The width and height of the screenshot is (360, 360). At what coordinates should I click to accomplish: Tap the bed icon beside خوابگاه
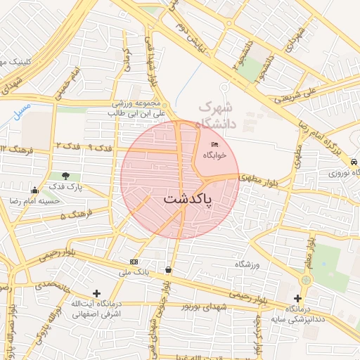[214, 145]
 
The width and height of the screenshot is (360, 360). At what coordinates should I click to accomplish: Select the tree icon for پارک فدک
[65, 176]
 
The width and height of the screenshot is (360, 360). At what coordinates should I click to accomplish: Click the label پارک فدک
[65, 187]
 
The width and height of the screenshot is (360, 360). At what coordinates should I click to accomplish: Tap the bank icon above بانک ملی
[134, 262]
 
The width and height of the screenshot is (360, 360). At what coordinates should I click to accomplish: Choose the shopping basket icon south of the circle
[168, 269]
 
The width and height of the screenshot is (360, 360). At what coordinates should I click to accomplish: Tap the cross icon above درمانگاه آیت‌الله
[96, 292]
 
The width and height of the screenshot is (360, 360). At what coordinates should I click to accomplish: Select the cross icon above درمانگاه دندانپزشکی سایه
[305, 280]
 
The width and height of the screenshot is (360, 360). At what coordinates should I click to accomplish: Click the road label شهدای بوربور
[205, 307]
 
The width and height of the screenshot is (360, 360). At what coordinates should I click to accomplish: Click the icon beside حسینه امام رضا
[34, 190]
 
